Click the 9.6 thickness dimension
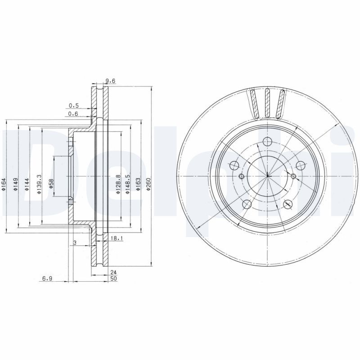pos(110,81)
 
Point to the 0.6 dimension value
pos(73,114)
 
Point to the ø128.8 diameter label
pos(117,184)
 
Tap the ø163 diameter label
pos(139,185)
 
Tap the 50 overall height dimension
pos(114,279)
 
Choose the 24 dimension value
pos(114,271)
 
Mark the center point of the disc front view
pos(267,175)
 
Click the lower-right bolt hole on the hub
pos(288,205)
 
